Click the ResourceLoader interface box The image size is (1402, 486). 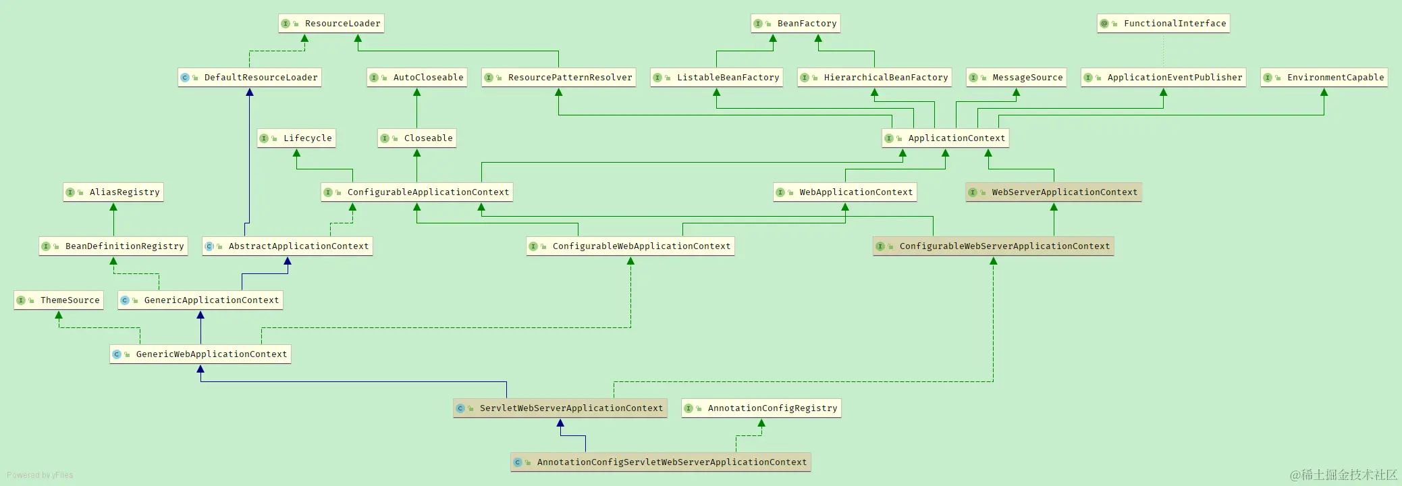click(331, 24)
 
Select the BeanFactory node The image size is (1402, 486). click(795, 24)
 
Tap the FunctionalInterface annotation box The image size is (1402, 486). click(1163, 24)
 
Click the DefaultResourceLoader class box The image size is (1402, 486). click(250, 78)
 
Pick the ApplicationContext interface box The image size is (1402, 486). click(945, 138)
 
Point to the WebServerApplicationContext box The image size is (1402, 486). click(1053, 192)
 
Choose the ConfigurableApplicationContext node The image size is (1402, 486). click(417, 192)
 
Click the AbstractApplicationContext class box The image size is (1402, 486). click(288, 246)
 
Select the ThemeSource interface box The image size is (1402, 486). click(59, 300)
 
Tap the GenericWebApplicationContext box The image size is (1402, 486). click(200, 354)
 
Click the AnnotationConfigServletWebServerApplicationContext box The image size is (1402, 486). click(660, 462)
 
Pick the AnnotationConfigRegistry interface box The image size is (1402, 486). click(761, 408)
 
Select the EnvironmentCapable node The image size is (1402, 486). click(1324, 78)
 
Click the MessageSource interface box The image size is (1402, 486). click(1016, 78)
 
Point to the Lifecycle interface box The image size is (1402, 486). click(296, 138)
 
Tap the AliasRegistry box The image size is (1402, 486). click(113, 192)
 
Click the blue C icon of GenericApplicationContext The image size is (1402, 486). click(125, 300)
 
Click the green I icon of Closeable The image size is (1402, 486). click(385, 138)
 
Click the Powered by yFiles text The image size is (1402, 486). click(40, 475)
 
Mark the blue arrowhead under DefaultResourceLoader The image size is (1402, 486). click(250, 92)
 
